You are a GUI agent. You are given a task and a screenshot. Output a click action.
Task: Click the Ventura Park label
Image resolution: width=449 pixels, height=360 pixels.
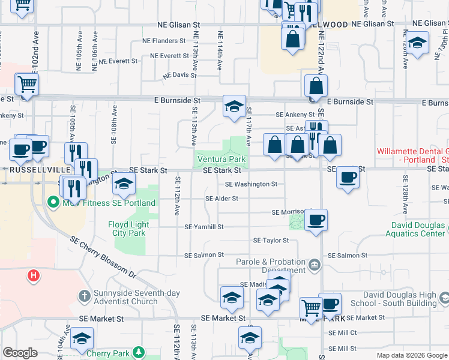pos(221,160)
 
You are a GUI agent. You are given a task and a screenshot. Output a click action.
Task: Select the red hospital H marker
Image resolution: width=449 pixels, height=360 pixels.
pos(34,275)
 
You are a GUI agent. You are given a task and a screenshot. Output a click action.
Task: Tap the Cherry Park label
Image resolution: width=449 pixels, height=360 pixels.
pos(107,353)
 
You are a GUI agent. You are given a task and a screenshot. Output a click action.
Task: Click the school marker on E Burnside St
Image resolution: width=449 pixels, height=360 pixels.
pos(234,106)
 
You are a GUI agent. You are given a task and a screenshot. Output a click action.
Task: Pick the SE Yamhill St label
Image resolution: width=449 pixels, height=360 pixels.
pos(204,227)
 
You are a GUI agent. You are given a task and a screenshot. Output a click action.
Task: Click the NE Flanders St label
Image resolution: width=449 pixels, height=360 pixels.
pos(164,41)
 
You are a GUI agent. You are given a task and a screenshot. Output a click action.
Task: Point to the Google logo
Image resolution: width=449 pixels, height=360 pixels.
pos(20,353)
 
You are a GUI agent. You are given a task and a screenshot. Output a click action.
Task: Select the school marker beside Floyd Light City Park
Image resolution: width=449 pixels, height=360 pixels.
pos(124,184)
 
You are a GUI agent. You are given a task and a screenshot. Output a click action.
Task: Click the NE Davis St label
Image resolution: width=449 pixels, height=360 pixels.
pos(179,76)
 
